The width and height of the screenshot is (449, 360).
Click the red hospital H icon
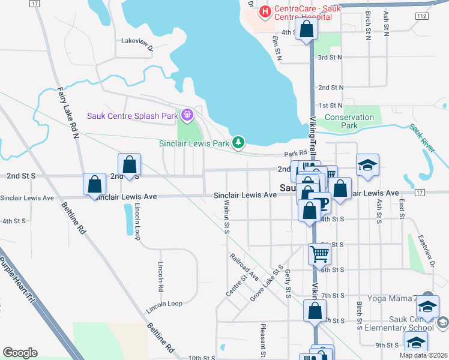click(264, 11)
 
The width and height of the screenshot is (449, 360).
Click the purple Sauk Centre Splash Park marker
click(188, 113)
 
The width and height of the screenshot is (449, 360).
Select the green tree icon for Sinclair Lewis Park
click(239, 142)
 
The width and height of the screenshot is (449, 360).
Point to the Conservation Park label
click(349, 121)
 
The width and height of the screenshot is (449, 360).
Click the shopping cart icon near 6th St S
click(319, 253)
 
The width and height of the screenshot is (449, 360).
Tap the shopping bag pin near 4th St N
click(307, 30)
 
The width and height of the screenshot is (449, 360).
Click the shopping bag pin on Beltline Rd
click(95, 185)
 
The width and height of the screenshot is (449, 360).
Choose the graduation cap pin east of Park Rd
click(368, 165)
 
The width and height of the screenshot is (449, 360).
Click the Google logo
click(20, 353)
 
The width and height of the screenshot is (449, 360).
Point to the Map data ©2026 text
click(423, 355)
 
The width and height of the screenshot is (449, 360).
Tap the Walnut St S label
click(227, 219)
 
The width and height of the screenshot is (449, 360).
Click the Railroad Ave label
click(244, 267)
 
